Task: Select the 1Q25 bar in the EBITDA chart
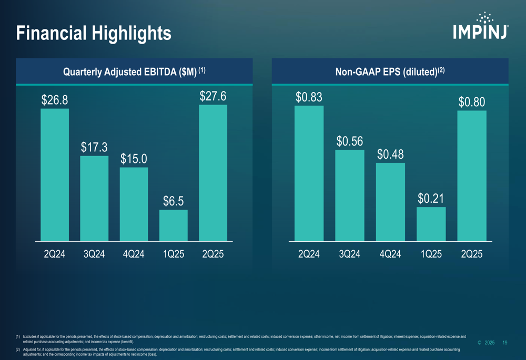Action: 174,225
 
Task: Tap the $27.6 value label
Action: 213,96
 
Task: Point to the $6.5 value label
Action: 173,201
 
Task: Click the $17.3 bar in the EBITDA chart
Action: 94,198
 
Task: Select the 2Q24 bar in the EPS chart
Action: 309,173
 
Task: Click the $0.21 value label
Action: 431,198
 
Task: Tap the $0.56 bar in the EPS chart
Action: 350,196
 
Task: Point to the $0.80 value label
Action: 471,102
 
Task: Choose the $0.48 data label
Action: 391,155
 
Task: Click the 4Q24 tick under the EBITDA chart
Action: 134,254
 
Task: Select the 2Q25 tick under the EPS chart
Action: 472,254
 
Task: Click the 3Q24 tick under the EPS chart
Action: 350,254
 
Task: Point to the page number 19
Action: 505,343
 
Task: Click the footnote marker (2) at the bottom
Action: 18,349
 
